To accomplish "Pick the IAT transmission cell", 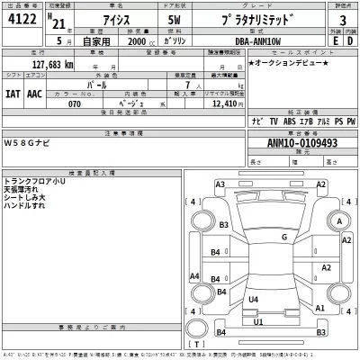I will click(13, 93).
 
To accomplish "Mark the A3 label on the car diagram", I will click(220, 184).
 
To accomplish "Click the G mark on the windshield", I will click(284, 237).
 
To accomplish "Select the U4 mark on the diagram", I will click(254, 300).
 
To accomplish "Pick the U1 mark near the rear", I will click(259, 321).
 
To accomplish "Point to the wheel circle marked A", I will click(338, 222).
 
